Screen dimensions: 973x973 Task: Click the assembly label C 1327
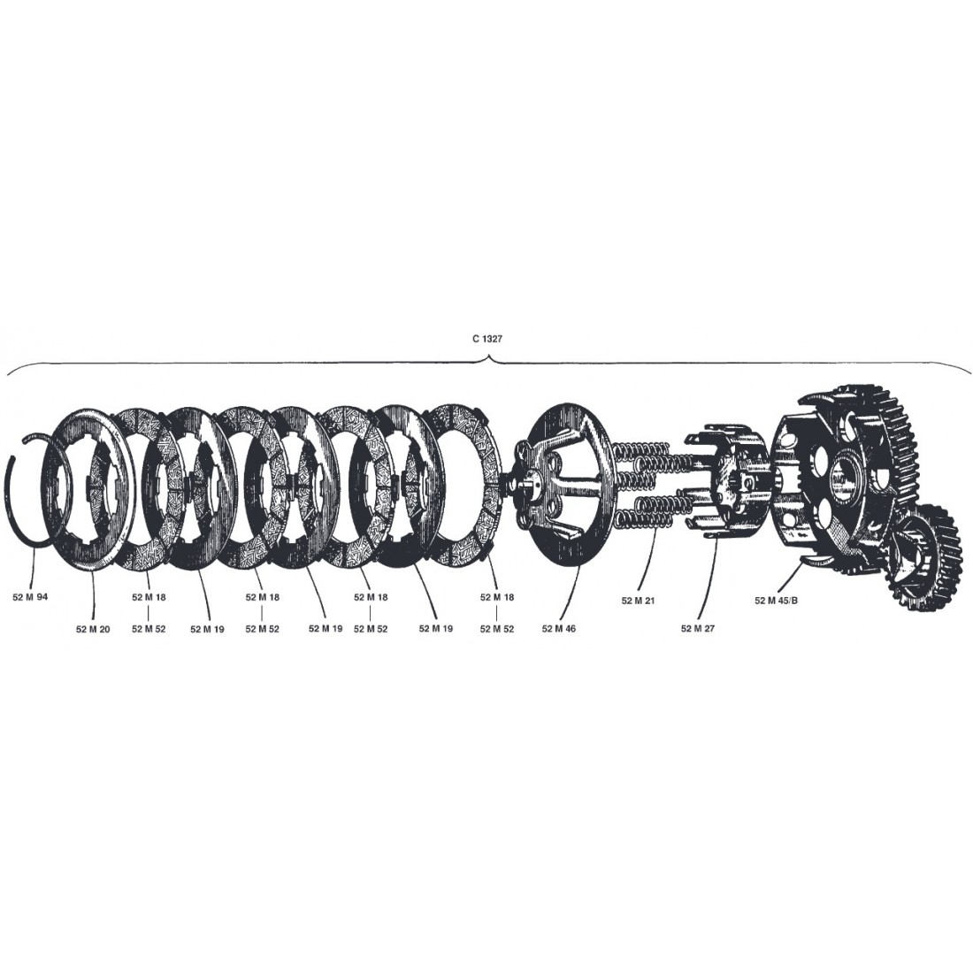[x=487, y=340]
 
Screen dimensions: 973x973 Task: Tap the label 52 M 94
[x=30, y=597]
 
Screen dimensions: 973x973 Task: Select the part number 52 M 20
[x=93, y=629]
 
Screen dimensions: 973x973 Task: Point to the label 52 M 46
[x=558, y=629]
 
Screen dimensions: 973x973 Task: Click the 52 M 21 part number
[x=638, y=601]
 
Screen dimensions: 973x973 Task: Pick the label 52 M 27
[x=698, y=629]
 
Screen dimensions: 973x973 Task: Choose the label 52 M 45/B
[x=777, y=601]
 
